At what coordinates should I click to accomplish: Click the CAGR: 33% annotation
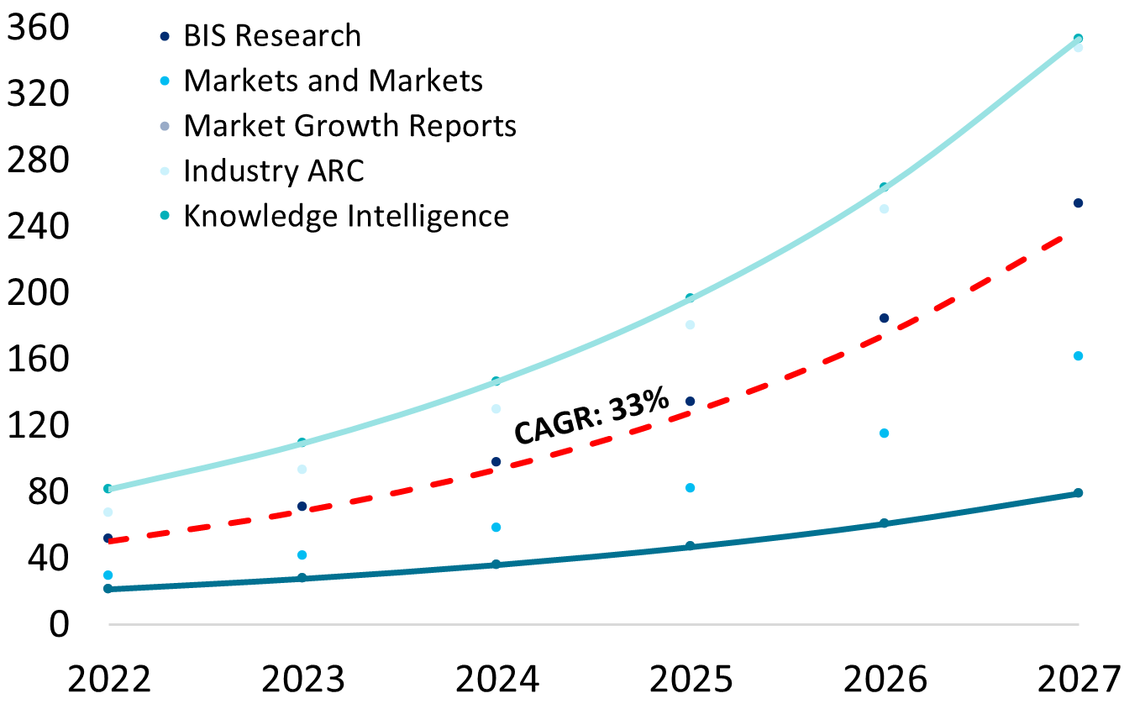coord(591,417)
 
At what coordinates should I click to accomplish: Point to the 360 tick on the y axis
coord(35,29)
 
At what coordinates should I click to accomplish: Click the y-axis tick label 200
coord(35,293)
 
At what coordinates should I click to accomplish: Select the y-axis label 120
coord(35,426)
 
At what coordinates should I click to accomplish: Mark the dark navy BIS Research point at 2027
coord(1078,203)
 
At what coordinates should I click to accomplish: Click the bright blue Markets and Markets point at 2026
coord(884,433)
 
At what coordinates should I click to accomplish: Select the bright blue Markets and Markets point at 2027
coord(1078,356)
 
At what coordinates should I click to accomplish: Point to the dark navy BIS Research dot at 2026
coord(884,318)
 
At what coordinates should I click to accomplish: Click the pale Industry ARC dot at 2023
coord(302,470)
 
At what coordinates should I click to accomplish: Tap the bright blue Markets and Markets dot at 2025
coord(691,488)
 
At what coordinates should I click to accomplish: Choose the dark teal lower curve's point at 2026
coord(884,523)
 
